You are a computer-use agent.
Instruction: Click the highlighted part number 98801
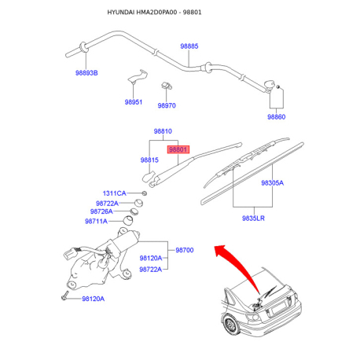[178, 149]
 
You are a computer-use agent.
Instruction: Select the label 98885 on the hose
[189, 46]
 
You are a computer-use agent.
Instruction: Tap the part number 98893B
[86, 73]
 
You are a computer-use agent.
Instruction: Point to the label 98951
[134, 102]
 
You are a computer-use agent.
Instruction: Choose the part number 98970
[167, 105]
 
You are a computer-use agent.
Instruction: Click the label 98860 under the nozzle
[276, 117]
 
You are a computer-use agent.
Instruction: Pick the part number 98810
[163, 131]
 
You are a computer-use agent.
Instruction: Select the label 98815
[149, 160]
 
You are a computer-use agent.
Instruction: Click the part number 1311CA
[114, 193]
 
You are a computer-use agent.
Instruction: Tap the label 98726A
[101, 211]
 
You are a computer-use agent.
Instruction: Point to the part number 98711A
[96, 222]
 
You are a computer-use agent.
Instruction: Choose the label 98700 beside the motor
[185, 250]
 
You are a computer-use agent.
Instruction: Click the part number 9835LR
[253, 219]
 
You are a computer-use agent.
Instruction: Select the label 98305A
[273, 183]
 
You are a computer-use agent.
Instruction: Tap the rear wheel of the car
[231, 325]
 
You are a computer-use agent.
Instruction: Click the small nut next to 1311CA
[144, 193]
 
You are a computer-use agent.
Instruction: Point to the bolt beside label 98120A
[64, 296]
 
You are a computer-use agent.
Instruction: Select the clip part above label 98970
[167, 86]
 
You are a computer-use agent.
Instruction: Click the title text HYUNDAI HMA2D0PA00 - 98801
[154, 13]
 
